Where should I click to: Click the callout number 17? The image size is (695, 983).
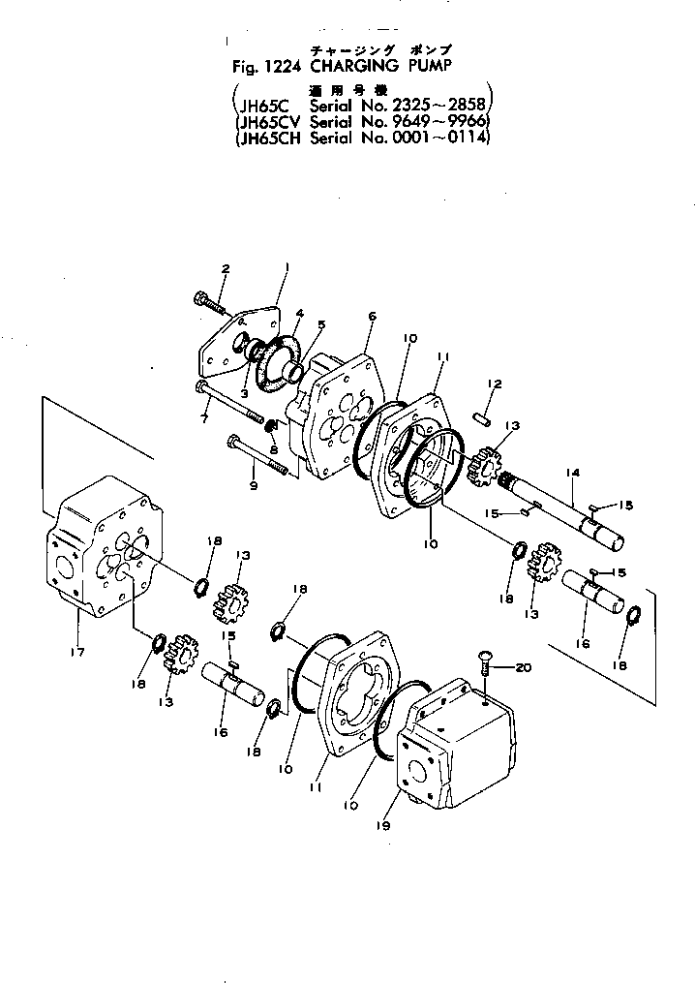pyautogui.click(x=78, y=653)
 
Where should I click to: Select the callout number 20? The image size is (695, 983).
pyautogui.click(x=524, y=667)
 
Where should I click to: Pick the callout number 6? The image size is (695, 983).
pyautogui.click(x=373, y=316)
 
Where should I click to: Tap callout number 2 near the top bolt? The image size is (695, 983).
pyautogui.click(x=226, y=267)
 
